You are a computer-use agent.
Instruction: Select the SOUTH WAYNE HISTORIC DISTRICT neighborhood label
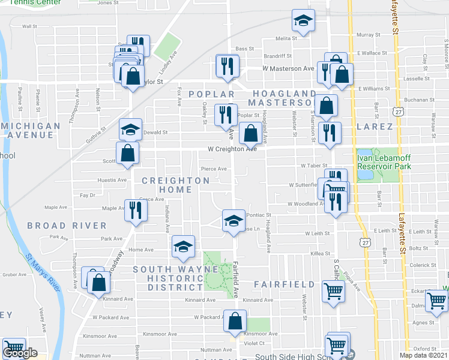175,279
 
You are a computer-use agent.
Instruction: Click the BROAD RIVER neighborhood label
67,226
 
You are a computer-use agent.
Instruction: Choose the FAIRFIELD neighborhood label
284,283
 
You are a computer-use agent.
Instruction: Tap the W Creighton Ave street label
232,149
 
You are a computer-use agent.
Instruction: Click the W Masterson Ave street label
288,68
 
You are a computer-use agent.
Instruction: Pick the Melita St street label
286,38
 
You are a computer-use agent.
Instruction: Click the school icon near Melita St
304,21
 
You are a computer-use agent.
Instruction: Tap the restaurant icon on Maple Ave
135,209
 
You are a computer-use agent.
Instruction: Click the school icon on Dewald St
130,130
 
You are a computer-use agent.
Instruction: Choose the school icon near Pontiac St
233,220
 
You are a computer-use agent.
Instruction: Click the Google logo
20,353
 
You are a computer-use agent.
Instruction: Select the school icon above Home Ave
183,246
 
